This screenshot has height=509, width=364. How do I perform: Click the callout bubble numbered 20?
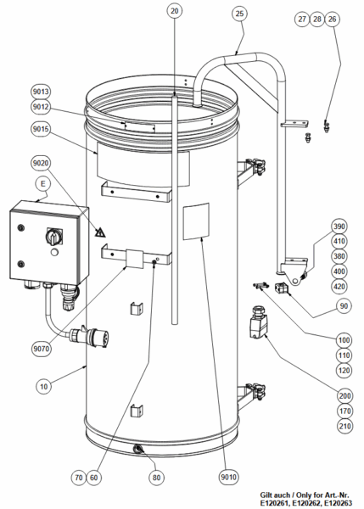tap(175, 11)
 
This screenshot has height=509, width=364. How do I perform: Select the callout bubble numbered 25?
tap(239, 14)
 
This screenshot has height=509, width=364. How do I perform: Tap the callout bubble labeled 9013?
tap(41, 92)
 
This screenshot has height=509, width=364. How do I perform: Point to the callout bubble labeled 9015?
tap(41, 129)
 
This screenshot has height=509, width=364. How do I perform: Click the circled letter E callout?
tap(43, 184)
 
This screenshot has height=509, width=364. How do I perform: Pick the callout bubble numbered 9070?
tap(42, 349)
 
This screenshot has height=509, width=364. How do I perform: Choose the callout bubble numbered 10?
tap(43, 386)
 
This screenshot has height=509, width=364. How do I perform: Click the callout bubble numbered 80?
tap(156, 478)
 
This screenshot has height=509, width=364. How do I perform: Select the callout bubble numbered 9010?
tap(228, 477)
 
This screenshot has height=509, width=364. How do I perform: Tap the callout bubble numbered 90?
tap(344, 305)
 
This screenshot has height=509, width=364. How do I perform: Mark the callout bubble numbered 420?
tap(339, 287)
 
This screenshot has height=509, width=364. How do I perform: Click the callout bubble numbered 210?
tap(344, 426)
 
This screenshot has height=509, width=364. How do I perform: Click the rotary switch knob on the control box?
tap(53, 237)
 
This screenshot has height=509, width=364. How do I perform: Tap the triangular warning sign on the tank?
tap(100, 232)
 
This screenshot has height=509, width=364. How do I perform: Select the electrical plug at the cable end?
tap(90, 336)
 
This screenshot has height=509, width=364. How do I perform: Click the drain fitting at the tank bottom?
tap(138, 450)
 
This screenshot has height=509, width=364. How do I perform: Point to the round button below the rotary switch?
tap(54, 252)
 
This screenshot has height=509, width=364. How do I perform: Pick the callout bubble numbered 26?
tap(332, 20)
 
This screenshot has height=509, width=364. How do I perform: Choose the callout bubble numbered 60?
tap(93, 478)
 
